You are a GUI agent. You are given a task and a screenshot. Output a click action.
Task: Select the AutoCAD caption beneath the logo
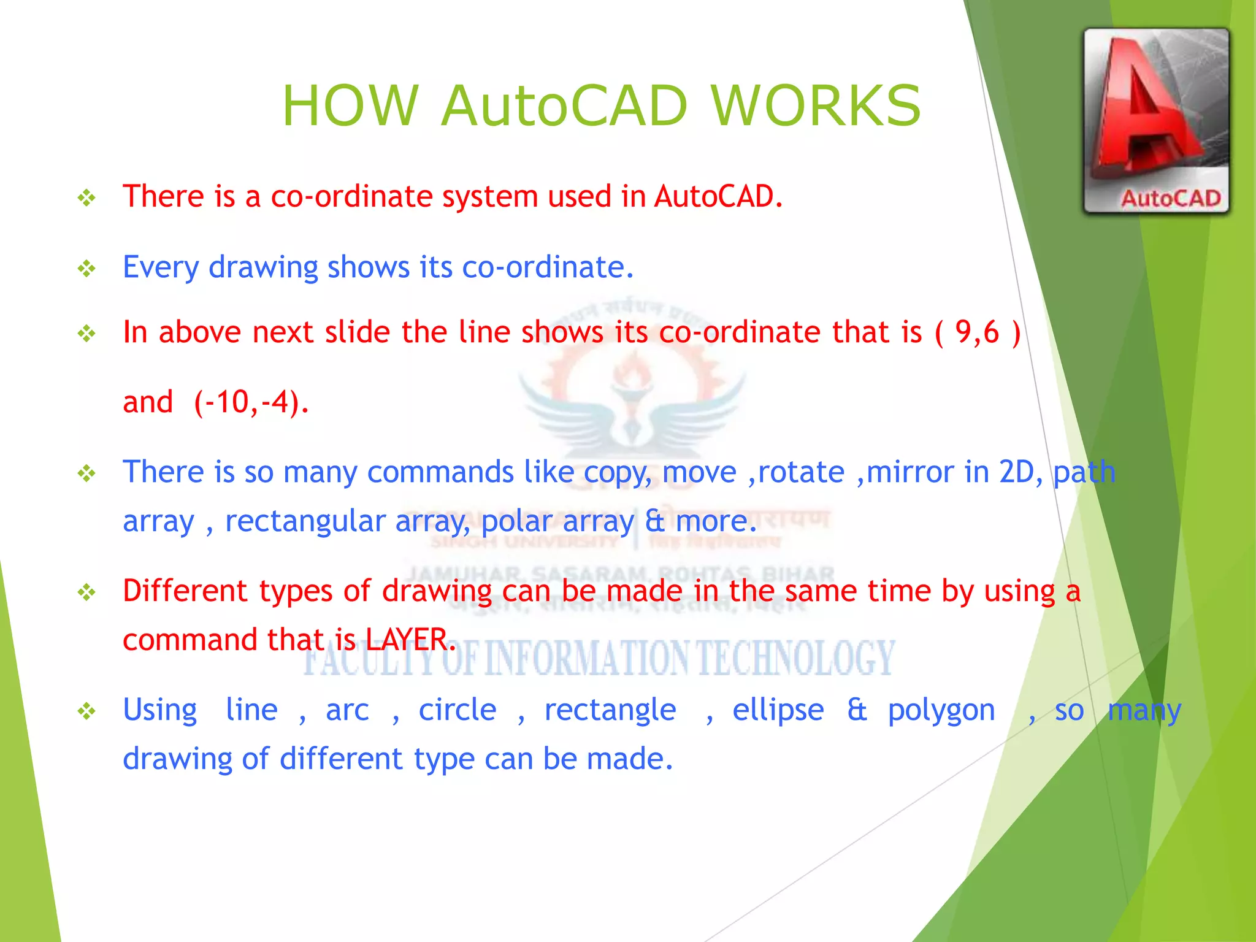click(x=1170, y=198)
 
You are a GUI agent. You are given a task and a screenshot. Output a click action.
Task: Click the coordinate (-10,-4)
click(x=250, y=403)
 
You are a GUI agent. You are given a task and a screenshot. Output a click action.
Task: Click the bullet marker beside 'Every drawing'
click(x=86, y=269)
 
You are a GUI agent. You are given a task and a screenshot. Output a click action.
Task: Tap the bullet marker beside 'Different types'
click(x=86, y=592)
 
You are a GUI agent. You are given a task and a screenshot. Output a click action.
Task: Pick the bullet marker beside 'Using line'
click(x=86, y=711)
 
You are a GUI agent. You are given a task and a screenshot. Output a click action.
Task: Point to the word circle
click(x=458, y=710)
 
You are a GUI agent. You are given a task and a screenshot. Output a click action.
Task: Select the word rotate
click(x=801, y=472)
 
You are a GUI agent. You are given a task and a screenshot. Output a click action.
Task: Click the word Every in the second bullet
click(x=161, y=268)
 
